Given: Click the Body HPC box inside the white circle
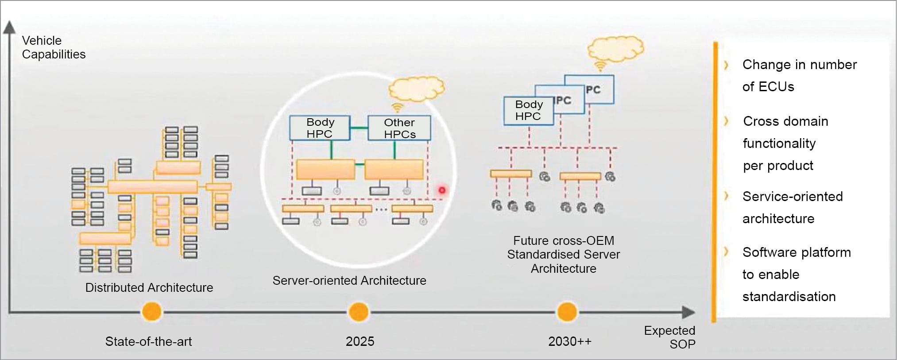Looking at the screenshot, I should (320, 128).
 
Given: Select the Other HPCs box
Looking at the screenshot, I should (399, 128).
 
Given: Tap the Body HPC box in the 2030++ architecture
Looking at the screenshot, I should (528, 110).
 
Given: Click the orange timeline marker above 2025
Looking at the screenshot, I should (359, 312).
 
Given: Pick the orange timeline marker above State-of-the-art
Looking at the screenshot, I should (151, 312).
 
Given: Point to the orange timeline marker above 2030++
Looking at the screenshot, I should (567, 312).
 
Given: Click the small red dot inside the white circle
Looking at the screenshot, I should (442, 190).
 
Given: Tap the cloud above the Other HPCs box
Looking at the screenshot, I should (416, 89).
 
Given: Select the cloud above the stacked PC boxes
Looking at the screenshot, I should (615, 48).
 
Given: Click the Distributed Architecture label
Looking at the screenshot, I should (149, 287).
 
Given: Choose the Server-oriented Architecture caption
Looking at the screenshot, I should (349, 280).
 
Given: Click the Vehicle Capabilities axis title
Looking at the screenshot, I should (53, 47).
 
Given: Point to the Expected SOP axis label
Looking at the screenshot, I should (669, 337).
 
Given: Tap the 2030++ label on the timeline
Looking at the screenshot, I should (569, 341).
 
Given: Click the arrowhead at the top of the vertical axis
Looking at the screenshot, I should (9, 27).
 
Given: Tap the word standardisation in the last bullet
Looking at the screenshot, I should (789, 296).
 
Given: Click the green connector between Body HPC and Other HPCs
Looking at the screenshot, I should (359, 128).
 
